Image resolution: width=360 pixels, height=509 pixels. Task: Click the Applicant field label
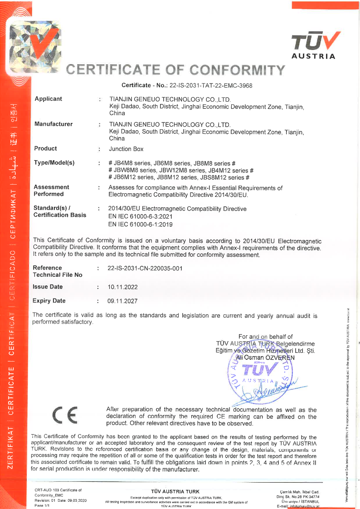[49, 99]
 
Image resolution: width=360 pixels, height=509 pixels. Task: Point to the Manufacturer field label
[54, 124]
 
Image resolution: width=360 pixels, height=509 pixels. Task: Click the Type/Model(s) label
[54, 163]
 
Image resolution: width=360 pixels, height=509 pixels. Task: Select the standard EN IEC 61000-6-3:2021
[141, 216]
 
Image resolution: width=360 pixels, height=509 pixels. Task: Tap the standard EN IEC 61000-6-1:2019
[141, 224]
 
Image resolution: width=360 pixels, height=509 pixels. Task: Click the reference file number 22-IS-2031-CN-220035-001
[145, 268]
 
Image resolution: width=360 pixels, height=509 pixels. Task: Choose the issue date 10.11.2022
[122, 287]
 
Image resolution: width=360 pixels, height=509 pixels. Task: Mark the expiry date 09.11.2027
[122, 301]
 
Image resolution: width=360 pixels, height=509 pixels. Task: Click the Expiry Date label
[49, 301]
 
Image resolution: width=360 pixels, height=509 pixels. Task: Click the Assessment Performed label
[51, 191]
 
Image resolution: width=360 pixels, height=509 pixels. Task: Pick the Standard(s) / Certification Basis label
[59, 212]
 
